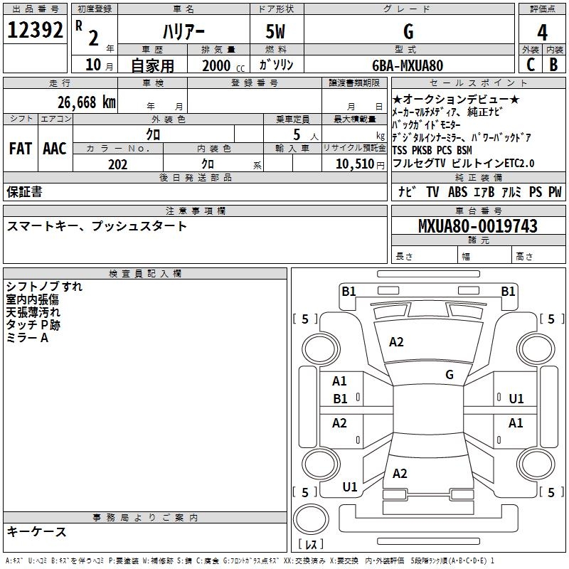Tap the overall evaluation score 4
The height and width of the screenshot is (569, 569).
[x=542, y=32]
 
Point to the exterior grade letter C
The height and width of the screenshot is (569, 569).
[x=530, y=65]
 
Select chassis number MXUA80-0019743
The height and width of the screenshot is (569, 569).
[x=477, y=227]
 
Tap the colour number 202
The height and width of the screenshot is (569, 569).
[x=117, y=164]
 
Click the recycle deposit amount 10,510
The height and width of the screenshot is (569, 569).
[x=353, y=164]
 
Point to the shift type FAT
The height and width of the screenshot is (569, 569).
[x=20, y=149]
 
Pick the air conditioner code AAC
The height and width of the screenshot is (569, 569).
[x=54, y=149]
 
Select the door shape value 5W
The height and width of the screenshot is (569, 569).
[x=277, y=31]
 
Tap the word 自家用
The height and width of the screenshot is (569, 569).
[x=151, y=65]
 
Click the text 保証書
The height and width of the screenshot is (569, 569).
[x=24, y=192]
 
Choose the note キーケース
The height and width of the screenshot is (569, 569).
[x=36, y=532]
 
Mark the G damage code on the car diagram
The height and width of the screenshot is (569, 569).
[x=449, y=375]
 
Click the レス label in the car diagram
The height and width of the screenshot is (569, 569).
[x=314, y=546]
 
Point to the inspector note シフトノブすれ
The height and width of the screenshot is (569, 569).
[x=44, y=287]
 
